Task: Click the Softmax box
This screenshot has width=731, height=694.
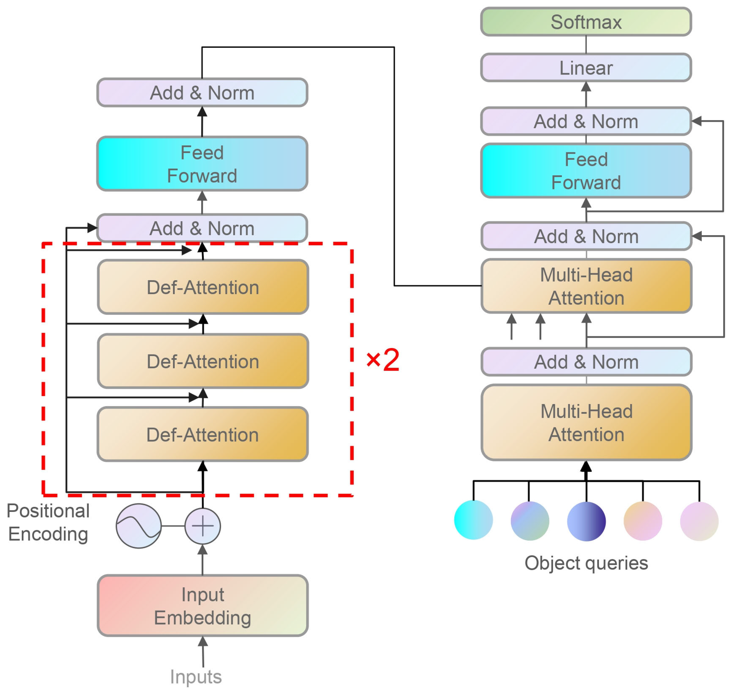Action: tap(586, 22)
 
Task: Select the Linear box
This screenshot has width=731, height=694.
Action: tap(586, 68)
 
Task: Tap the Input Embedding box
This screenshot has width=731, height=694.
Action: tap(202, 606)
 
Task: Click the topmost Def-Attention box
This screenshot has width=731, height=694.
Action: tap(203, 287)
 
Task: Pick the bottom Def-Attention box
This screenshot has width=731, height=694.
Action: tap(202, 434)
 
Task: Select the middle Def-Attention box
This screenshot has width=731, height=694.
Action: tap(203, 361)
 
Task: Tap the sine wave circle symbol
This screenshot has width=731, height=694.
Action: tap(139, 526)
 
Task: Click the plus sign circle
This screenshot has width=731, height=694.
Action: tap(202, 526)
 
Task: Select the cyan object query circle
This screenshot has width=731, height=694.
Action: tap(473, 520)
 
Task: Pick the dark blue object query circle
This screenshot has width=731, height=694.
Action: tap(586, 521)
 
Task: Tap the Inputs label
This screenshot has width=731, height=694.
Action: tap(196, 677)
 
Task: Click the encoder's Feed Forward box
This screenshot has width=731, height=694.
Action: tap(202, 164)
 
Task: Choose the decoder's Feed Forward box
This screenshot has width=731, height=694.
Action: tap(586, 171)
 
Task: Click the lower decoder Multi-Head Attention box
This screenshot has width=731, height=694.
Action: tap(586, 423)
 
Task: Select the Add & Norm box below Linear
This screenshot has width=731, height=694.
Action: tap(586, 121)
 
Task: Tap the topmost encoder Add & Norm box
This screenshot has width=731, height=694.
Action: tap(202, 93)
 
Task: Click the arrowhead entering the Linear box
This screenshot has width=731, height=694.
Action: tap(586, 87)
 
